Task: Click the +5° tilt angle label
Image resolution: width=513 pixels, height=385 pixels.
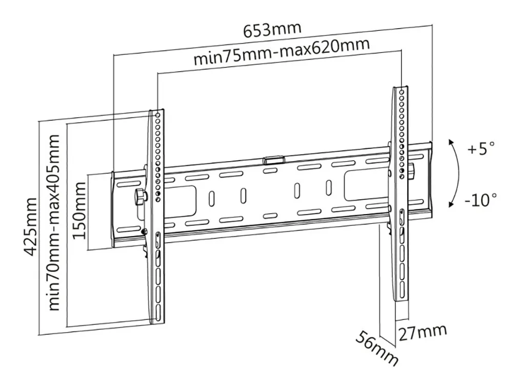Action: click(481, 149)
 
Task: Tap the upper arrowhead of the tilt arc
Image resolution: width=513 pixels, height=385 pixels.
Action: click(450, 141)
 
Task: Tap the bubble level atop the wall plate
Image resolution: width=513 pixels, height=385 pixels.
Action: click(274, 160)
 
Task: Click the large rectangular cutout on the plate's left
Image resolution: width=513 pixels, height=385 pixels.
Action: click(181, 201)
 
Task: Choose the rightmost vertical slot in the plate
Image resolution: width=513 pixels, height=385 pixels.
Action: click(328, 187)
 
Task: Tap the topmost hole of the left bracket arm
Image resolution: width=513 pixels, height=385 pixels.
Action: click(157, 115)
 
